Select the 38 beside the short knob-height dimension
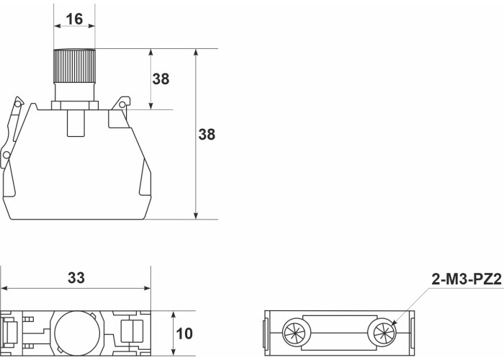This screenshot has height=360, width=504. [x=161, y=79]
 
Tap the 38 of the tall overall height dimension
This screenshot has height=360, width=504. [x=207, y=135]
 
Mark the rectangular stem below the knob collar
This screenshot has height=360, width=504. [x=74, y=123]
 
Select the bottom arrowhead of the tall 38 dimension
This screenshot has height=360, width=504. [x=196, y=215]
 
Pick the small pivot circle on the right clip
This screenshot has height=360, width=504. [x=122, y=106]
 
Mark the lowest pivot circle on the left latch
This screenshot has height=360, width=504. [x=6, y=156]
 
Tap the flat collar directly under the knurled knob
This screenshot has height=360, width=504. [x=74, y=105]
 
